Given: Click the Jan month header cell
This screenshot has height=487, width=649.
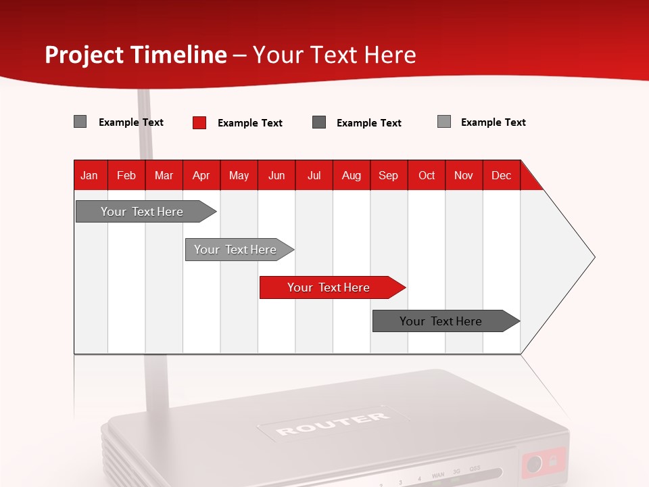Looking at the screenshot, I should point(90,175).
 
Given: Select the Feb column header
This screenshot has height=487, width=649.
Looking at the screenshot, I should point(126,175).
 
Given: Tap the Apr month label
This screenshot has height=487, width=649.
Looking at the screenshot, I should point(201,175).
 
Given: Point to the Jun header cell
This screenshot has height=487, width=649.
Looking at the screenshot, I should point(277,175).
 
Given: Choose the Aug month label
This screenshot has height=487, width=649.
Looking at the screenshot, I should point(352,175).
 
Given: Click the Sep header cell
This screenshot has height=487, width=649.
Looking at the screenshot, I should point(389,175).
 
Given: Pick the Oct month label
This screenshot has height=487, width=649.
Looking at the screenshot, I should point(427,175).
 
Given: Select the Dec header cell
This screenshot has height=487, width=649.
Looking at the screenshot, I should point(502,175).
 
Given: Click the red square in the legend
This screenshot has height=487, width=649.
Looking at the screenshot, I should point(199,122).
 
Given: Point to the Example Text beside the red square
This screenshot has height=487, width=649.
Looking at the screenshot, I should point(250,123).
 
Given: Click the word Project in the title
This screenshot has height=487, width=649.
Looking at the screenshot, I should point(84,55).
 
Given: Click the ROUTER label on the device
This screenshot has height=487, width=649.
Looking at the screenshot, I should point(333,423).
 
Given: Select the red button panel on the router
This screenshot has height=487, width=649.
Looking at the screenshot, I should point(544,463).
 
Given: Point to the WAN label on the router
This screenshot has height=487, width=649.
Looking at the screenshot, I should point(438,475).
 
